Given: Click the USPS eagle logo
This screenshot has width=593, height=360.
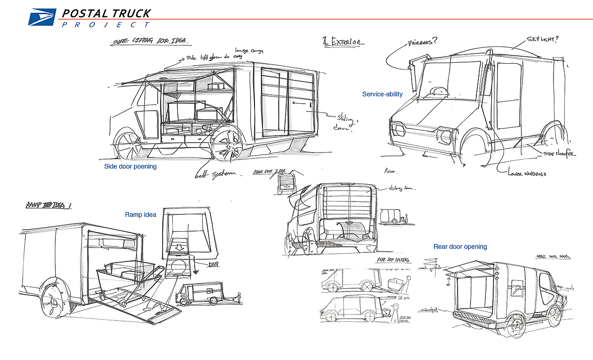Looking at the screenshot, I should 42,18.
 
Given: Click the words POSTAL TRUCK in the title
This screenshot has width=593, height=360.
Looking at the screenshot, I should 106,13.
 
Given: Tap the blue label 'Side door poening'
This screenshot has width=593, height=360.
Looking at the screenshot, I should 130,166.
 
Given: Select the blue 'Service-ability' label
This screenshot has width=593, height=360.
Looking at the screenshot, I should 382,94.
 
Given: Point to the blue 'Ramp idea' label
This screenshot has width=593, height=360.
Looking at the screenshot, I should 140,215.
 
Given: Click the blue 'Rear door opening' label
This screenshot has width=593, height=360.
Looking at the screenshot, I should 460,246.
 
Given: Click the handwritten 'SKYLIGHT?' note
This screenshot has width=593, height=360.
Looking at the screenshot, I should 544,40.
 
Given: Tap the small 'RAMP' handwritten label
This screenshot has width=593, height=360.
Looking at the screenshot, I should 212,265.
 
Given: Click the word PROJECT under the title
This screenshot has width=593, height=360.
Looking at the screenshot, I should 106,24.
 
